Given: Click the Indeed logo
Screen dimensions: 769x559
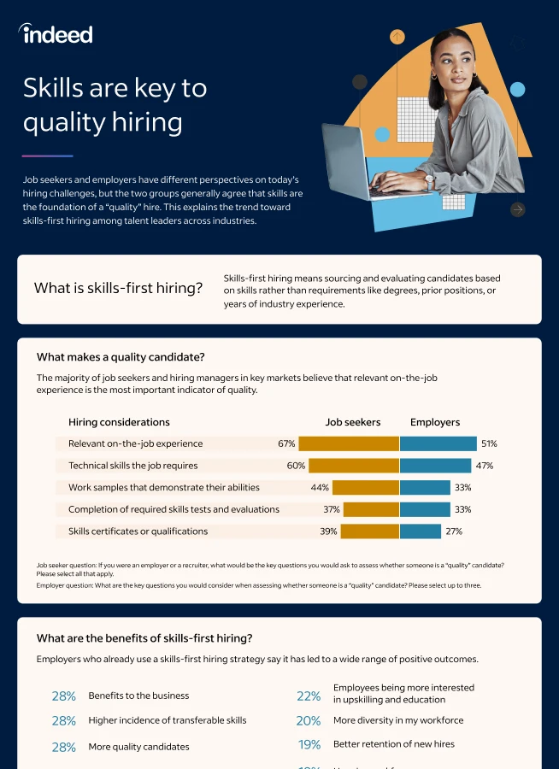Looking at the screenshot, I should (56, 33).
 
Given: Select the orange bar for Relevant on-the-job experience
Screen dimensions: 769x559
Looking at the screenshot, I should (349, 443).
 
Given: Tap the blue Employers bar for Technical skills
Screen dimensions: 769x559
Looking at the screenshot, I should (435, 466).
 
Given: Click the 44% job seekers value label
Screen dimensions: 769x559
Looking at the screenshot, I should (320, 488).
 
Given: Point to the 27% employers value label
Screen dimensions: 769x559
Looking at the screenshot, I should (453, 531).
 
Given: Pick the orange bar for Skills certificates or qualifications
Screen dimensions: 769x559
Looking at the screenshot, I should (370, 531).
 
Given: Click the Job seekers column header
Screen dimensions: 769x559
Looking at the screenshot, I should (352, 422).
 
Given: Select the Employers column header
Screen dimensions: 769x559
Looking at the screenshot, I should (434, 422).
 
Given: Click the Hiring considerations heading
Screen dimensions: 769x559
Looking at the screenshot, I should (119, 422).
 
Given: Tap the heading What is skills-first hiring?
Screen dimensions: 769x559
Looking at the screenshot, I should (118, 288).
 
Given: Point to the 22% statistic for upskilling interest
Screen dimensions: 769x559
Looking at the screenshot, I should (309, 696).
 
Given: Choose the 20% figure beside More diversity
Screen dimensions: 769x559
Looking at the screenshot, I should (309, 721).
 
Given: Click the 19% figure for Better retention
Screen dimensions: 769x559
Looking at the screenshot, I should (309, 745).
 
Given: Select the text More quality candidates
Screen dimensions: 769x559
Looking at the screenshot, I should (138, 747).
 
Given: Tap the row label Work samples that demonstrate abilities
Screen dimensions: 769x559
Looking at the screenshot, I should (163, 488).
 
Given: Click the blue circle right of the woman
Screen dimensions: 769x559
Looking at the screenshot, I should (517, 90).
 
